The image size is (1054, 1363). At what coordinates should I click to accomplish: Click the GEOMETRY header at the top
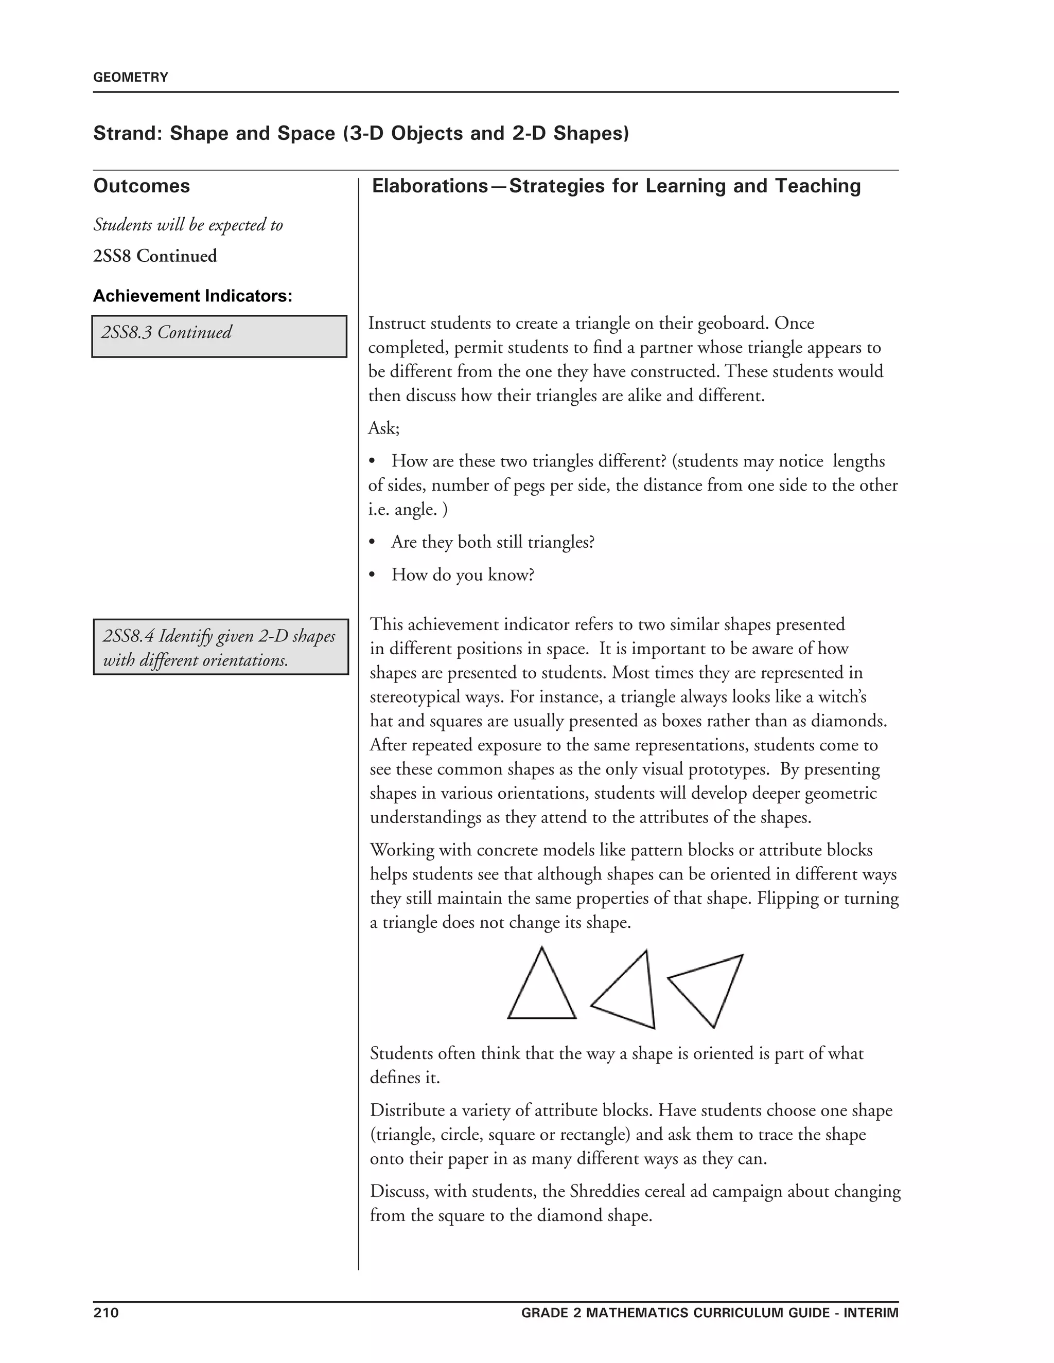coord(131,77)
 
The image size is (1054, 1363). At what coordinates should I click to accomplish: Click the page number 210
coord(106,1313)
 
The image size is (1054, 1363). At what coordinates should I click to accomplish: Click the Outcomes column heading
coord(142,186)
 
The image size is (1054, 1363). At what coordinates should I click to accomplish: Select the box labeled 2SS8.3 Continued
coord(219,336)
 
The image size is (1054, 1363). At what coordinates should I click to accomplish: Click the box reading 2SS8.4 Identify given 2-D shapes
coord(220,647)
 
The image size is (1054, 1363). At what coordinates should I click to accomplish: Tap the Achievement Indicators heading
coord(192,296)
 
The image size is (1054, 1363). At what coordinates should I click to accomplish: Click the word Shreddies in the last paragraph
coord(605,1191)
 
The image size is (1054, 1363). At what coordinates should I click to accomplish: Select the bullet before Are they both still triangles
coord(372,542)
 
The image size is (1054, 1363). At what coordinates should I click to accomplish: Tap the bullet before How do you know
coord(372,575)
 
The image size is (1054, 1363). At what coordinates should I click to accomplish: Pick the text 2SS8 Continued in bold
coord(155,256)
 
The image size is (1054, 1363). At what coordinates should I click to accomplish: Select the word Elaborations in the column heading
coord(430,186)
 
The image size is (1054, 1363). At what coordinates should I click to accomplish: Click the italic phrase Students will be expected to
coord(188,225)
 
